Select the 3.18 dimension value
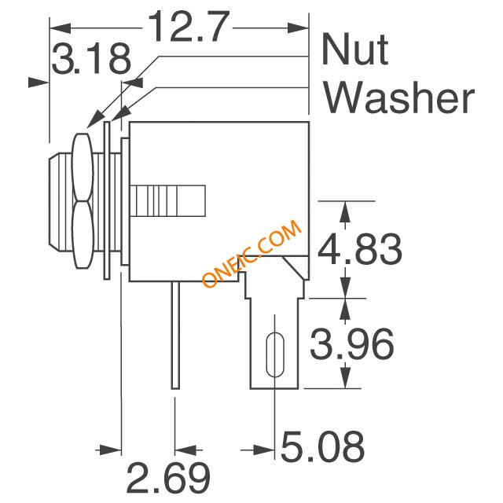pyautogui.click(x=91, y=59)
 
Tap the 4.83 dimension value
pyautogui.click(x=360, y=249)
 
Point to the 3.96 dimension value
pyautogui.click(x=351, y=343)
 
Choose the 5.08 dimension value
pyautogui.click(x=323, y=446)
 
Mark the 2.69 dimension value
pyautogui.click(x=168, y=477)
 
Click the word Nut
pyautogui.click(x=354, y=49)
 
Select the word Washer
pyautogui.click(x=399, y=96)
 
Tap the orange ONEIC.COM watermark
pyautogui.click(x=251, y=253)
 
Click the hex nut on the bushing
pyautogui.click(x=83, y=201)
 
